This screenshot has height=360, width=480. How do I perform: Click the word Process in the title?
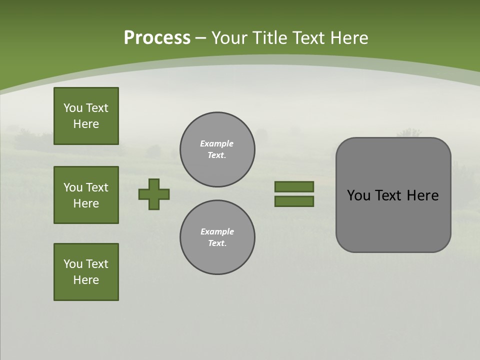coord(157,38)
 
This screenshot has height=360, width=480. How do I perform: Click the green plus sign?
coord(154,194)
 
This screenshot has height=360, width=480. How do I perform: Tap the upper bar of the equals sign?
coord(294,186)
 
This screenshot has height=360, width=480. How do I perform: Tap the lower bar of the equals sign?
coord(294,201)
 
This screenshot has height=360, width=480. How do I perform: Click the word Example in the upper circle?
coord(216,143)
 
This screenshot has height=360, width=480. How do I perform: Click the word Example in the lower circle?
coord(217,231)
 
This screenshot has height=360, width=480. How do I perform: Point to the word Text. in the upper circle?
coord(217,155)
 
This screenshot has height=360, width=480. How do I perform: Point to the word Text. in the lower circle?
coord(217,243)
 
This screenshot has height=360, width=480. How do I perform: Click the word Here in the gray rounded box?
coord(422,195)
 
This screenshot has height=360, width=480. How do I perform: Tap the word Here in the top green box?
coord(86,124)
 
